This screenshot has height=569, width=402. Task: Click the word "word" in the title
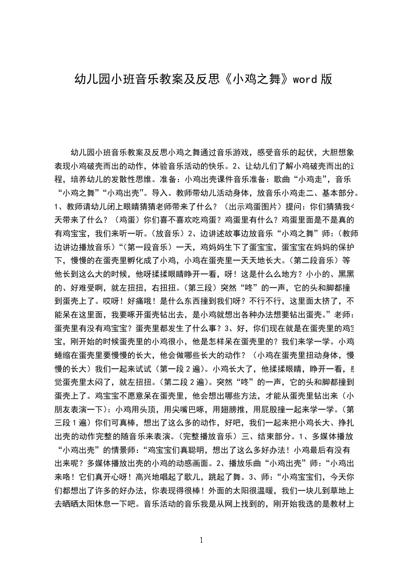pos(305,79)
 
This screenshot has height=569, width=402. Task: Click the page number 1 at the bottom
pos(202,540)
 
